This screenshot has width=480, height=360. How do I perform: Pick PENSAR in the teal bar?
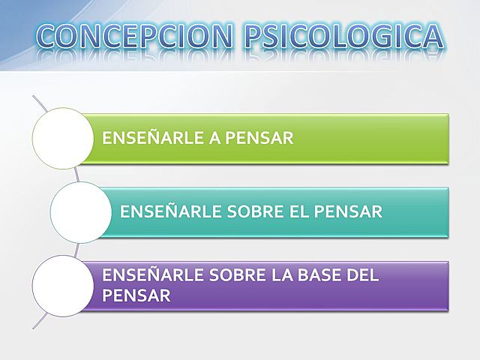tap(338, 211)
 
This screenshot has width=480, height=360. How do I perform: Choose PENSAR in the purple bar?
tap(136, 295)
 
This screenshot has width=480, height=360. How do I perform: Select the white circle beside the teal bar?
tap(80, 211)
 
